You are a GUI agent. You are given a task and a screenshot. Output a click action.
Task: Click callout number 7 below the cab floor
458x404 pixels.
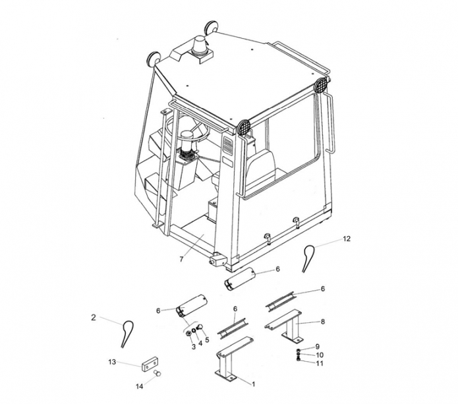point(181,259)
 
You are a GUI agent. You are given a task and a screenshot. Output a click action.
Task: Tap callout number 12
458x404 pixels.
point(347,239)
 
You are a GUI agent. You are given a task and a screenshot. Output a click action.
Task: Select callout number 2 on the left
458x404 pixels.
point(94,318)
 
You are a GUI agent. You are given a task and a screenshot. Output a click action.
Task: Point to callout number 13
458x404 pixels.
point(112,362)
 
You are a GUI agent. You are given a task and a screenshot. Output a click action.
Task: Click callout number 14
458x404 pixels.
point(140,386)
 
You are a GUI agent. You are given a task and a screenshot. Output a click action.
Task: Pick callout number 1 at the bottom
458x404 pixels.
point(254,384)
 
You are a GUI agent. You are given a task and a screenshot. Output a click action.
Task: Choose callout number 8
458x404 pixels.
point(323,322)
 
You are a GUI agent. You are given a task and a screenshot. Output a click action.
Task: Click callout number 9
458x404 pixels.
point(318,347)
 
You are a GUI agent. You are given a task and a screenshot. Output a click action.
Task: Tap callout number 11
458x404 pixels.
point(320,363)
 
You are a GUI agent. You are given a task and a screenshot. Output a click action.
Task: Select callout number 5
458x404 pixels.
point(208,339)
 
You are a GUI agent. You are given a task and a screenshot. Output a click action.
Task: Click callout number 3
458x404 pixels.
point(193,347)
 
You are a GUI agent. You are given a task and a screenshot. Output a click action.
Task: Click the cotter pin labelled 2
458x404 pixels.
point(126,333)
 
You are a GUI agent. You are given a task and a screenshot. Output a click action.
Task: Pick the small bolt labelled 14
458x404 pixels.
point(157,373)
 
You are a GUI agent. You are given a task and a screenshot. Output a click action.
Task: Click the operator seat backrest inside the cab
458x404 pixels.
point(262,168)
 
